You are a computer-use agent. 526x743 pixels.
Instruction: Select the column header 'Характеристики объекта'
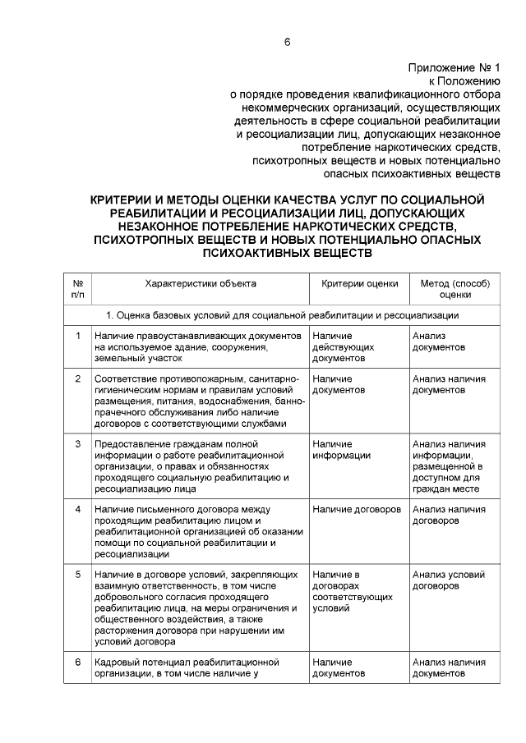tap(200, 283)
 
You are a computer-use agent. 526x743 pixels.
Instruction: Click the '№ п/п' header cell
tap(77, 289)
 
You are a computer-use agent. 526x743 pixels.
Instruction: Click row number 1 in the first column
tap(77, 336)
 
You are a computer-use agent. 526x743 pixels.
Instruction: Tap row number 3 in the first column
tap(77, 444)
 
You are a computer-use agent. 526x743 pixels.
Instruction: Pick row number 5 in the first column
tap(77, 574)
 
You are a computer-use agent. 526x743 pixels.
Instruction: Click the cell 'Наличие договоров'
tap(357, 509)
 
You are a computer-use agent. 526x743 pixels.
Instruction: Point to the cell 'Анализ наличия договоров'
tap(449, 515)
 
